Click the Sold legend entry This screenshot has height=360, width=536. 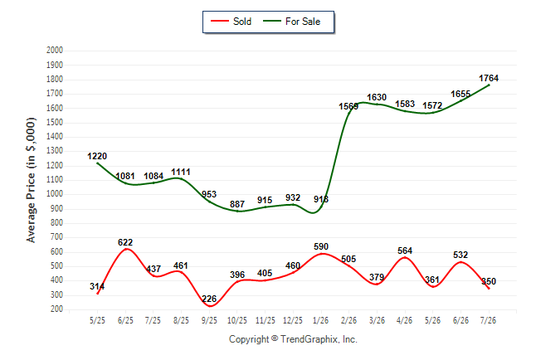231,22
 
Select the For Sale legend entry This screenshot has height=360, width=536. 291,22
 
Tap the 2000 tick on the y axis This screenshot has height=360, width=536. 55,51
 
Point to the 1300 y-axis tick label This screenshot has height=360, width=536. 55,151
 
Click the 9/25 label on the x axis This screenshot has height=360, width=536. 209,320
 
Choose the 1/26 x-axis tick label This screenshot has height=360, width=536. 320,320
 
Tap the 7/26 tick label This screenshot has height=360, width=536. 488,320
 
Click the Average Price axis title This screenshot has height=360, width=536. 31,180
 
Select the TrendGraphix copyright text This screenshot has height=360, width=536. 293,339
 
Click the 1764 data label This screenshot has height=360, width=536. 489,78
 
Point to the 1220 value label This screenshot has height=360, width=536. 97,156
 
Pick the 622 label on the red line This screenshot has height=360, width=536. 125,242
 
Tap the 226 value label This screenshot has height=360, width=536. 209,299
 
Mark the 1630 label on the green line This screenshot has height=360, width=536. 377,97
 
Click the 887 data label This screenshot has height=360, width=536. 237,204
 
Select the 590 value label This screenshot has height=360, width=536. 321,246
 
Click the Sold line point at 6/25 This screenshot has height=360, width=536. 126,249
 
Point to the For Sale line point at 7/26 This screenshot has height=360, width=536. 489,85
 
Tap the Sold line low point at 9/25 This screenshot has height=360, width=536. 210,305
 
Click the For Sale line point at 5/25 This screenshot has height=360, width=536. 97,163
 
